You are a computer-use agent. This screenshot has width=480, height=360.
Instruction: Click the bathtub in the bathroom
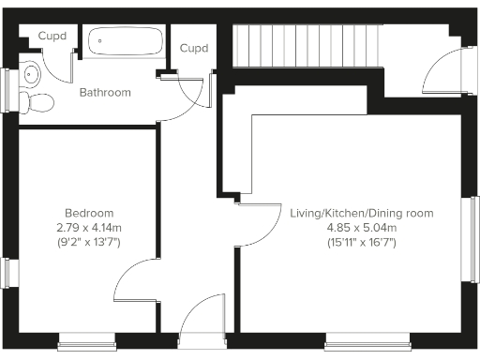tap(125, 40)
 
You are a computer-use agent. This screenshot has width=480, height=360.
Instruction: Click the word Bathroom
tap(104, 93)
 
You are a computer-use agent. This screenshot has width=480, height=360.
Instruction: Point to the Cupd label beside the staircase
tap(193, 48)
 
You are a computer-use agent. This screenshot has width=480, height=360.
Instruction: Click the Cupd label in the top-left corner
tap(52, 37)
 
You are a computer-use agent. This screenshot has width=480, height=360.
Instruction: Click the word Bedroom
tap(89, 213)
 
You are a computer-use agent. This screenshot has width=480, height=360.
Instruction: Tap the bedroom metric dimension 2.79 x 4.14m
tap(89, 227)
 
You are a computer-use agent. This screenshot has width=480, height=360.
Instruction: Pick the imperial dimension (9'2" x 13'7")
tap(89, 242)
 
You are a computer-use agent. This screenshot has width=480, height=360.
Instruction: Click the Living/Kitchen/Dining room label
tap(361, 214)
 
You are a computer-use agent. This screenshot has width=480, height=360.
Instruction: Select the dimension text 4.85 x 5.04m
tap(361, 228)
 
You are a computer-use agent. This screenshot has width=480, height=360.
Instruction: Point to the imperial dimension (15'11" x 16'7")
tap(361, 243)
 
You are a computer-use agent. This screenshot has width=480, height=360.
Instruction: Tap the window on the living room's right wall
tap(473, 238)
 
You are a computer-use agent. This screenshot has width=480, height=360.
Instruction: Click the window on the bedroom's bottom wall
tap(85, 344)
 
